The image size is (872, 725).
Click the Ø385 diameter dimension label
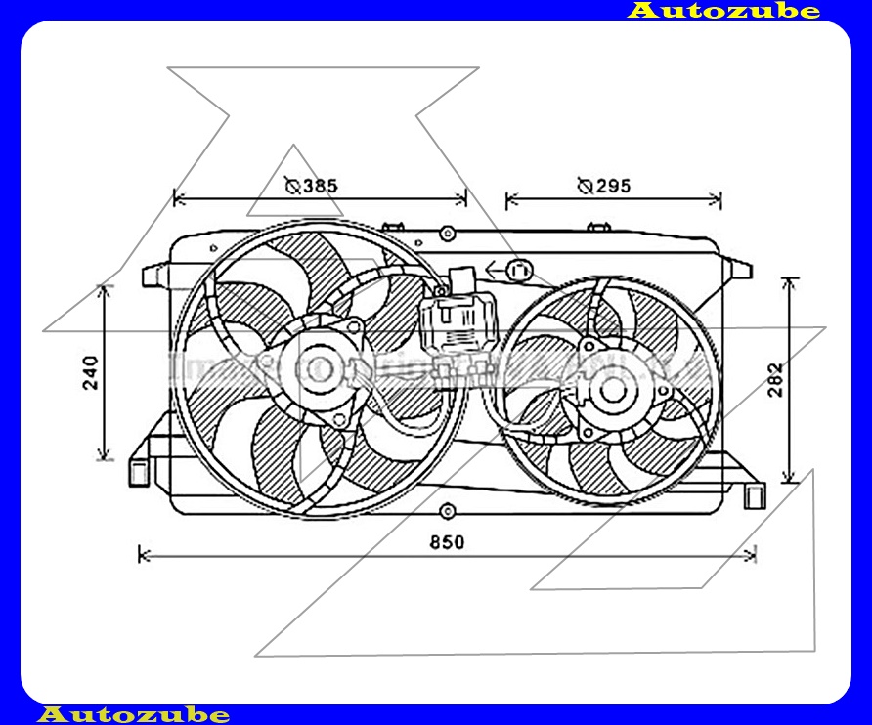(x=313, y=186)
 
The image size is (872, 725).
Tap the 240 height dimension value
(x=91, y=373)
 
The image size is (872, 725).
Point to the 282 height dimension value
(x=774, y=379)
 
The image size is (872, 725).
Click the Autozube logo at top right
(x=722, y=11)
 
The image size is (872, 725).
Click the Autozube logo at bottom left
(x=134, y=714)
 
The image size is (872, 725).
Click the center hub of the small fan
(x=613, y=390)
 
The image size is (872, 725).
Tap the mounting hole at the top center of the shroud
(x=447, y=234)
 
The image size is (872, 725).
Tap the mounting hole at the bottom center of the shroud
(x=447, y=510)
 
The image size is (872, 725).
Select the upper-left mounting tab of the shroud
(x=154, y=276)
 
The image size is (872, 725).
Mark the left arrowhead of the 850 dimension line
(x=144, y=555)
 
